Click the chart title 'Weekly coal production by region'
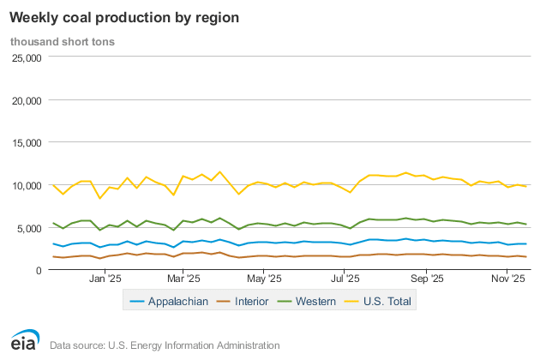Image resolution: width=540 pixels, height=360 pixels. (123, 17)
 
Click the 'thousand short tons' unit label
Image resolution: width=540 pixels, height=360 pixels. (63, 40)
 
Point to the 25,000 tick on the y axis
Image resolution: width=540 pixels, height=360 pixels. (25, 58)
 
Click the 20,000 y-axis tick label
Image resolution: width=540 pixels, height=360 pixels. (25, 100)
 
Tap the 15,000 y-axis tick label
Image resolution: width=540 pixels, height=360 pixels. (25, 143)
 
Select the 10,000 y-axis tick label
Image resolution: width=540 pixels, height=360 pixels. (25, 185)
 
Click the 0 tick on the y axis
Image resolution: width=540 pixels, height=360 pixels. (38, 270)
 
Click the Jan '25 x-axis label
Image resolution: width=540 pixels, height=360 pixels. (107, 279)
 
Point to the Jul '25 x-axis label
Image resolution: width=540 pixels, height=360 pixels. (344, 279)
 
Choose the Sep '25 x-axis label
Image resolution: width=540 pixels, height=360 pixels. (426, 279)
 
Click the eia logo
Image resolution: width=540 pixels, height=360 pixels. (24, 340)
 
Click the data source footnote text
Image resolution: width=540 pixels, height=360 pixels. (165, 345)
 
